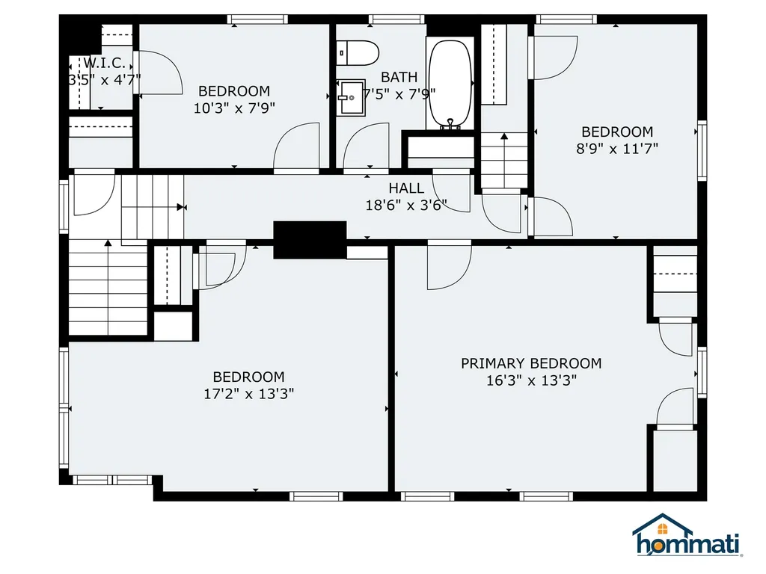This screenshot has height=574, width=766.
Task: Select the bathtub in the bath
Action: (x=450, y=84)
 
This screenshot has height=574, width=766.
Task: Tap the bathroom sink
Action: (x=349, y=98)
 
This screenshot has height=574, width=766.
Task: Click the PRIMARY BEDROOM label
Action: (x=530, y=363)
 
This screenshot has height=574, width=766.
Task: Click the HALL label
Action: (x=406, y=188)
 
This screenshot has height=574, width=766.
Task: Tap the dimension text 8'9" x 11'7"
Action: (x=617, y=148)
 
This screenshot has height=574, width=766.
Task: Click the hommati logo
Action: (x=687, y=537)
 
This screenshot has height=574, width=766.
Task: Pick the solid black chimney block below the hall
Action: (x=310, y=239)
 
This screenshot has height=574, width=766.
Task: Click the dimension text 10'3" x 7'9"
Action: (x=234, y=108)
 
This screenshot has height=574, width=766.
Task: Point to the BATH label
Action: (x=399, y=77)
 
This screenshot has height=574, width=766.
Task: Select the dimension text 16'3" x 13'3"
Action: (x=530, y=380)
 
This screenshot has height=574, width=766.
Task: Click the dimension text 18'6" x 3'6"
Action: (x=406, y=205)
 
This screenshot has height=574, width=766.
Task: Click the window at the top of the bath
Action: (x=397, y=19)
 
